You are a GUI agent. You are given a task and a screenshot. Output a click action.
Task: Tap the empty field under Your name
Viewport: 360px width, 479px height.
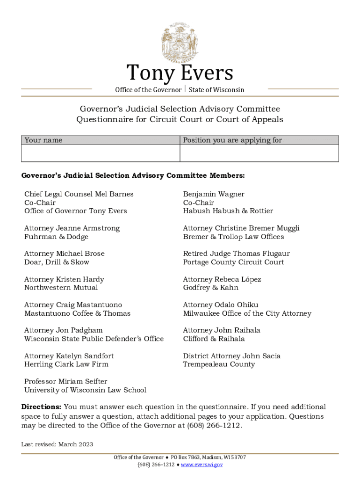pos(101,153)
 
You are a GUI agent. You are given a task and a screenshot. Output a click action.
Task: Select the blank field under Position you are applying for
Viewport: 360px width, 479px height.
pos(259,153)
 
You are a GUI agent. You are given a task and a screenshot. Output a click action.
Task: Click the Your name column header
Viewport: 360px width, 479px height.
pos(43,140)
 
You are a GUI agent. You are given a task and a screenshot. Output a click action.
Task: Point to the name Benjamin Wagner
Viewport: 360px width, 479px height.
pos(214,194)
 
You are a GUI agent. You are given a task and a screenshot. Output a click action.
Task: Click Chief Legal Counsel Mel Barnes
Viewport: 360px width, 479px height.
pos(79,194)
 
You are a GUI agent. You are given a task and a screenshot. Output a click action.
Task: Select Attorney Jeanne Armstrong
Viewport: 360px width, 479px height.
pos(72,228)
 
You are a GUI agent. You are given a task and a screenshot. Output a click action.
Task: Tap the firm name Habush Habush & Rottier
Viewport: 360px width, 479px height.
pos(228,211)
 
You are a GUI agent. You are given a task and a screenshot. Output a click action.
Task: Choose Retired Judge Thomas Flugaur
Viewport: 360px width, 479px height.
pos(237,254)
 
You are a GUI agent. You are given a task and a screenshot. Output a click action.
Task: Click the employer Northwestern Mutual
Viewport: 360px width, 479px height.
pos(61,288)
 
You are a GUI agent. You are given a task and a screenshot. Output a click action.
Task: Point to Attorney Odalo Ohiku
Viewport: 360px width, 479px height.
pos(221,305)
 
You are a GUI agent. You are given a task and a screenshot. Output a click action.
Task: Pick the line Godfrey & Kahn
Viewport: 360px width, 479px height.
pos(211,288)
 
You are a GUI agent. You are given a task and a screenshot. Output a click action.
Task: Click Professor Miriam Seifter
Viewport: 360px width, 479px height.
pos(66,382)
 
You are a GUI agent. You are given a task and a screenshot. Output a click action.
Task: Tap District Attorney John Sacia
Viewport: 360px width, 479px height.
pos(232,356)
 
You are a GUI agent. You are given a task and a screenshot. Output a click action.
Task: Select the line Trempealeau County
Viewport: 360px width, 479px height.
pos(219,364)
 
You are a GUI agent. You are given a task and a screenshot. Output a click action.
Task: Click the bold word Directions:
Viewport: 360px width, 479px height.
pos(41,407)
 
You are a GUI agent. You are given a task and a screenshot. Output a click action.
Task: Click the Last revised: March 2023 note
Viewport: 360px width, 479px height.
pos(57,444)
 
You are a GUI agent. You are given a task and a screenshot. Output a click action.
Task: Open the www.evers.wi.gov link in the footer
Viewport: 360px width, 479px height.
pos(202,464)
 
